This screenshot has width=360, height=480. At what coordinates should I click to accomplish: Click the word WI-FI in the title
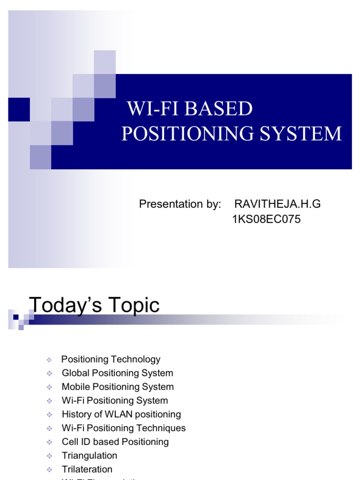coord(153,109)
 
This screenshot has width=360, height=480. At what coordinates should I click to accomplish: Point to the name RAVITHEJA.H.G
coord(277,204)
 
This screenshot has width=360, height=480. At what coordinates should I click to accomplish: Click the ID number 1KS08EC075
coord(266,219)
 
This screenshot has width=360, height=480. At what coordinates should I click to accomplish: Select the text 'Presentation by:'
coord(180,204)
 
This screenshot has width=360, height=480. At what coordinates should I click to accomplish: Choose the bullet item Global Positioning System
coord(117,373)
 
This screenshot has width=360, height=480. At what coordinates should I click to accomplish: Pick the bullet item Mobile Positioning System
coord(118,387)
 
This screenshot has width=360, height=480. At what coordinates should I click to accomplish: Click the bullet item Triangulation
coord(90,456)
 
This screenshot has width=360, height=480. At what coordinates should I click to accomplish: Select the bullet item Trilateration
coord(87,469)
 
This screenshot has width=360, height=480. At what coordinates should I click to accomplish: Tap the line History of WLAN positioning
coord(121,414)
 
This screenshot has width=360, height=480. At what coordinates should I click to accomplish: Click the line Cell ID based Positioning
coord(115,442)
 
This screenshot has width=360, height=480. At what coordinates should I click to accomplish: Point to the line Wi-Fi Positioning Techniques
coord(124,428)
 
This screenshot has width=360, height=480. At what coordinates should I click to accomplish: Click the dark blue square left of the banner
coord(19,109)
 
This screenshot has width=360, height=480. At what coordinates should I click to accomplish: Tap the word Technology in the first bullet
coord(136,360)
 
